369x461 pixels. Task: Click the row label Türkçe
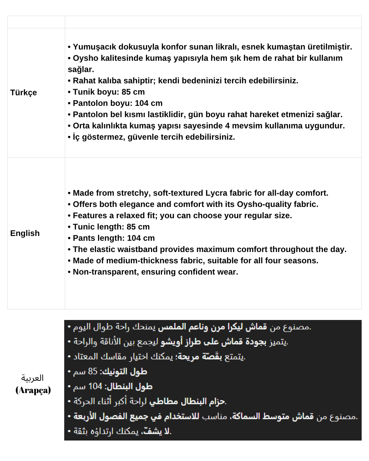click(24, 93)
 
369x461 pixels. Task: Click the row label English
click(25, 233)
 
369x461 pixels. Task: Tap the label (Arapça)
click(33, 390)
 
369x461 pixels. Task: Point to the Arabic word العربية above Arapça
click(32, 378)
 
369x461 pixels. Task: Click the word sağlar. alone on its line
click(81, 69)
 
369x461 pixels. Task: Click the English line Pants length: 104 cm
click(113, 238)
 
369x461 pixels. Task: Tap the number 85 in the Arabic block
click(93, 371)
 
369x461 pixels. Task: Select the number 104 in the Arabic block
click(95, 386)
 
